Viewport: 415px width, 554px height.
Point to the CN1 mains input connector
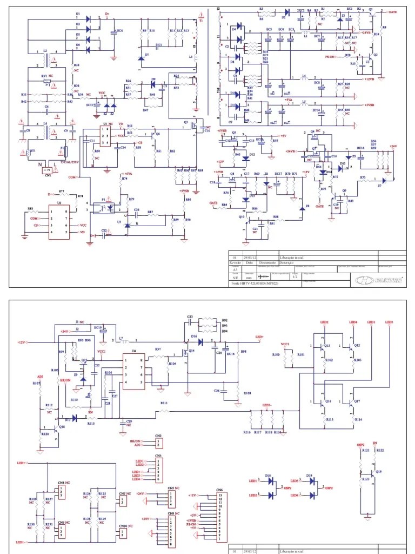click(x=48, y=170)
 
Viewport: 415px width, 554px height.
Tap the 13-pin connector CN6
click(x=220, y=517)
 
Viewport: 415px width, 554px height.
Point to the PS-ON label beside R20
click(x=331, y=56)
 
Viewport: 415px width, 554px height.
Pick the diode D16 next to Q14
click(x=201, y=341)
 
